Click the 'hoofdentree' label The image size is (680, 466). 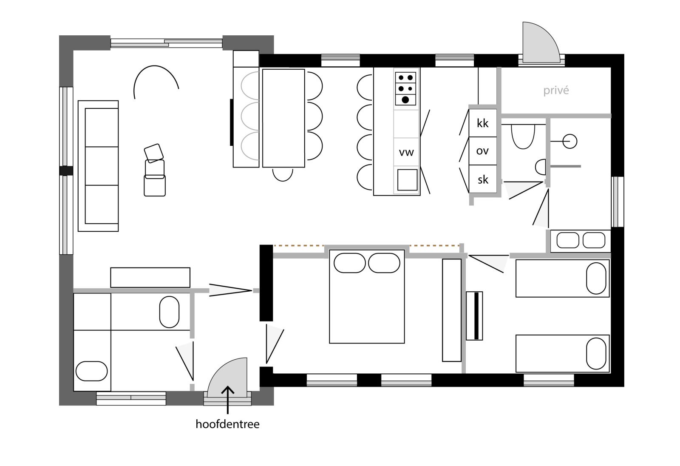tap(227, 424)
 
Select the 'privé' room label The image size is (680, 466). tap(556, 91)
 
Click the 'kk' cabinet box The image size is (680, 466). tap(483, 123)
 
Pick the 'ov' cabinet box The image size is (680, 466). tap(483, 151)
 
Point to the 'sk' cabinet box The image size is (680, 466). tap(483, 179)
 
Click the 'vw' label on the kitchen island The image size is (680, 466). tap(406, 152)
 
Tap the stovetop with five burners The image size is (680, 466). tap(405, 88)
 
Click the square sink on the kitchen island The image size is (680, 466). tap(407, 180)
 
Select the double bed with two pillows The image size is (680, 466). tap(367, 296)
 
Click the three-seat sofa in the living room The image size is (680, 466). tap(98, 166)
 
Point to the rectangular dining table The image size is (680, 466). tap(283, 118)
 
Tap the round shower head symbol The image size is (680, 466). tap(570, 141)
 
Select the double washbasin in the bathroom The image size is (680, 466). tap(581, 240)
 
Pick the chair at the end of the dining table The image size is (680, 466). tap(283, 174)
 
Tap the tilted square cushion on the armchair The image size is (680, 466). tap(154, 153)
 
